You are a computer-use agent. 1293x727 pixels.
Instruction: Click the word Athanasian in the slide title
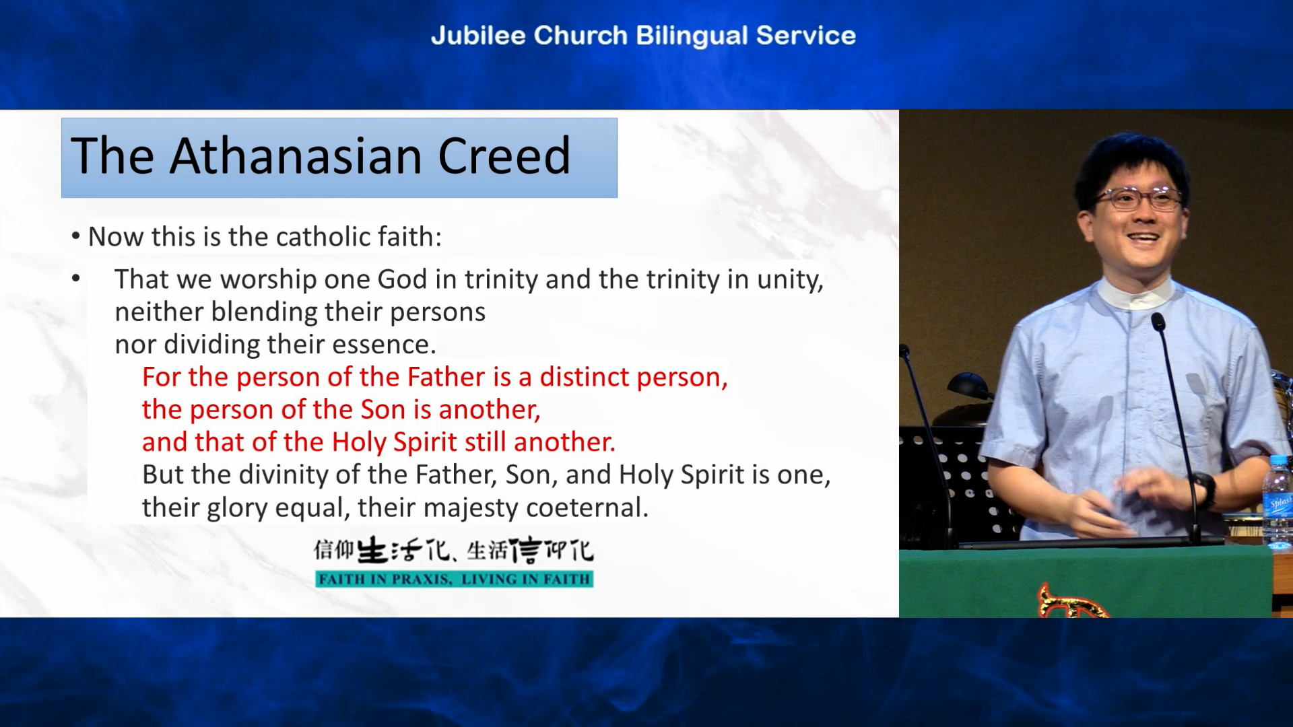[x=297, y=155]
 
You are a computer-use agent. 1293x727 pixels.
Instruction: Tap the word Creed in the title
[x=504, y=155]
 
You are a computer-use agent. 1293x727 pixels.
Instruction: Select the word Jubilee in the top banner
[x=478, y=36]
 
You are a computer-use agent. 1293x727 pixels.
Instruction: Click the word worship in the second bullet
[x=269, y=280]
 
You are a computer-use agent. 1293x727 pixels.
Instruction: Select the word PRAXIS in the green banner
[x=422, y=579]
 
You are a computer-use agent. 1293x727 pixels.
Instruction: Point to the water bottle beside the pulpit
[x=1278, y=501]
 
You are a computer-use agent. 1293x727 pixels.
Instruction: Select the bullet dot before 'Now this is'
[x=76, y=237]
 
